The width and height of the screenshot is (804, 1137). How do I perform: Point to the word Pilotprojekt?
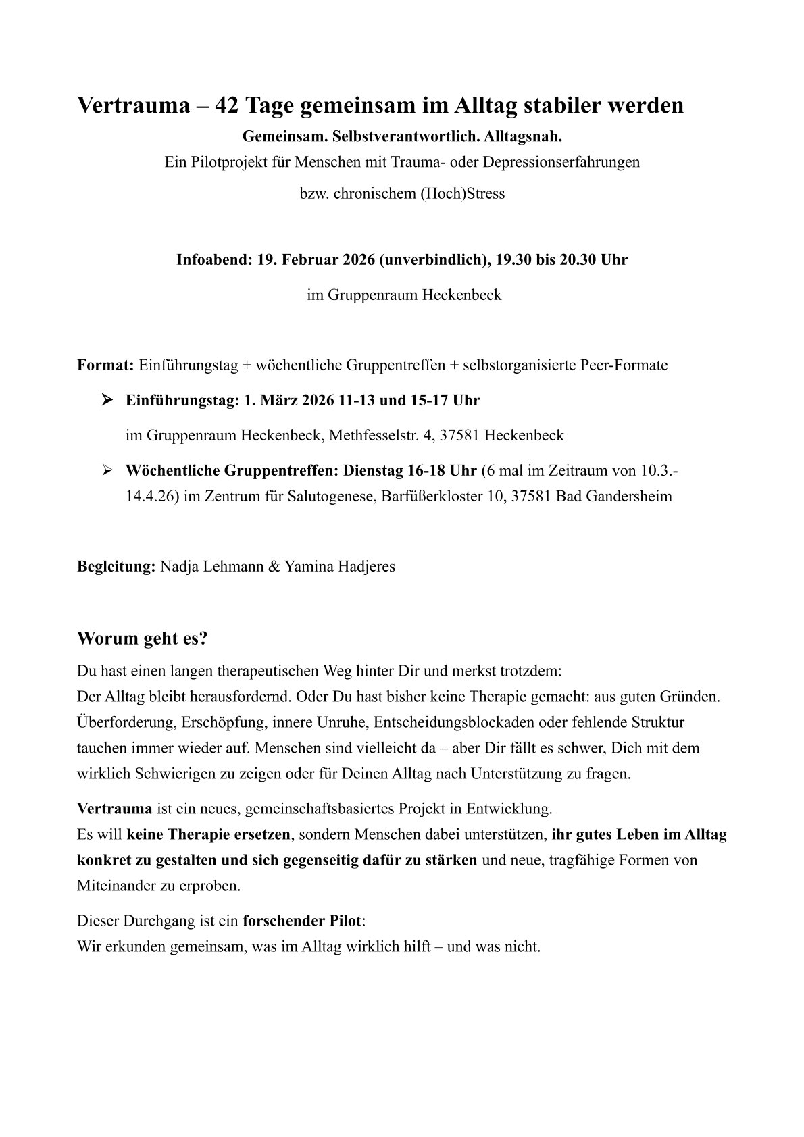tap(223, 163)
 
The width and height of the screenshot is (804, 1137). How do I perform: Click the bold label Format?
tap(106, 365)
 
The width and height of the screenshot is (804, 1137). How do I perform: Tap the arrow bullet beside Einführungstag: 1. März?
tap(106, 400)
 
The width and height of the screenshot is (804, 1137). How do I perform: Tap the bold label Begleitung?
tap(116, 567)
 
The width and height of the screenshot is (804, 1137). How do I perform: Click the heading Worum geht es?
tap(142, 638)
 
